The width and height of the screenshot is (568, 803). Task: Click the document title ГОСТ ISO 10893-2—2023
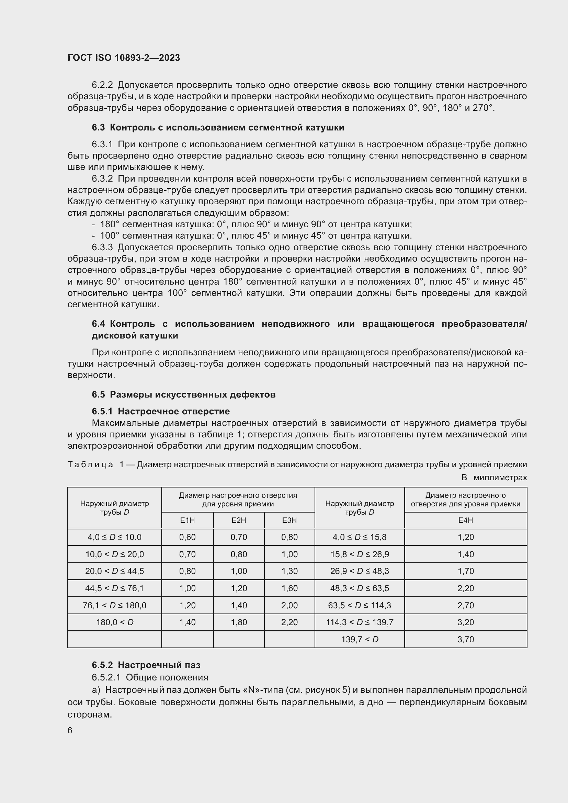(x=124, y=58)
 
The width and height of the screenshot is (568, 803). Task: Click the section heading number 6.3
(x=98, y=128)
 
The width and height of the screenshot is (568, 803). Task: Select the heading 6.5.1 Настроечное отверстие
(x=160, y=411)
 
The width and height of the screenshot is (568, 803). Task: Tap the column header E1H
(x=187, y=520)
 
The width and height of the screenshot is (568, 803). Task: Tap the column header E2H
(x=239, y=520)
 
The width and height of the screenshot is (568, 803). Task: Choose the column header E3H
(x=289, y=520)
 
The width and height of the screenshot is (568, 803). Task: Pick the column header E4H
(x=466, y=520)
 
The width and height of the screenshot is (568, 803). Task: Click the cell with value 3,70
(x=466, y=639)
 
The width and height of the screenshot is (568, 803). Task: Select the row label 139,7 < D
(x=360, y=639)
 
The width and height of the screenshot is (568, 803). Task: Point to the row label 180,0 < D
(x=115, y=622)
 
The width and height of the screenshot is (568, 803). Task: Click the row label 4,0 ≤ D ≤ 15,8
(x=360, y=537)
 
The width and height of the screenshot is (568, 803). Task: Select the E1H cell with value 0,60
(x=187, y=537)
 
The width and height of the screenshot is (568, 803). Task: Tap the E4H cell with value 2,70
(x=466, y=605)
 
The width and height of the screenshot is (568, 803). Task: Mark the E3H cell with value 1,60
(x=289, y=588)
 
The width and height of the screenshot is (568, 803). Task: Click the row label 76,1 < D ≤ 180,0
(x=115, y=605)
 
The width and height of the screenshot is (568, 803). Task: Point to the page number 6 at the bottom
(x=70, y=731)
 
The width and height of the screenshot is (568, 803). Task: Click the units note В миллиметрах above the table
(x=494, y=478)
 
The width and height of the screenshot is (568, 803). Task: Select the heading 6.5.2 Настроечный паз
(x=146, y=665)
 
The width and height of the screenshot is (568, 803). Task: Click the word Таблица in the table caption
(x=90, y=465)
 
